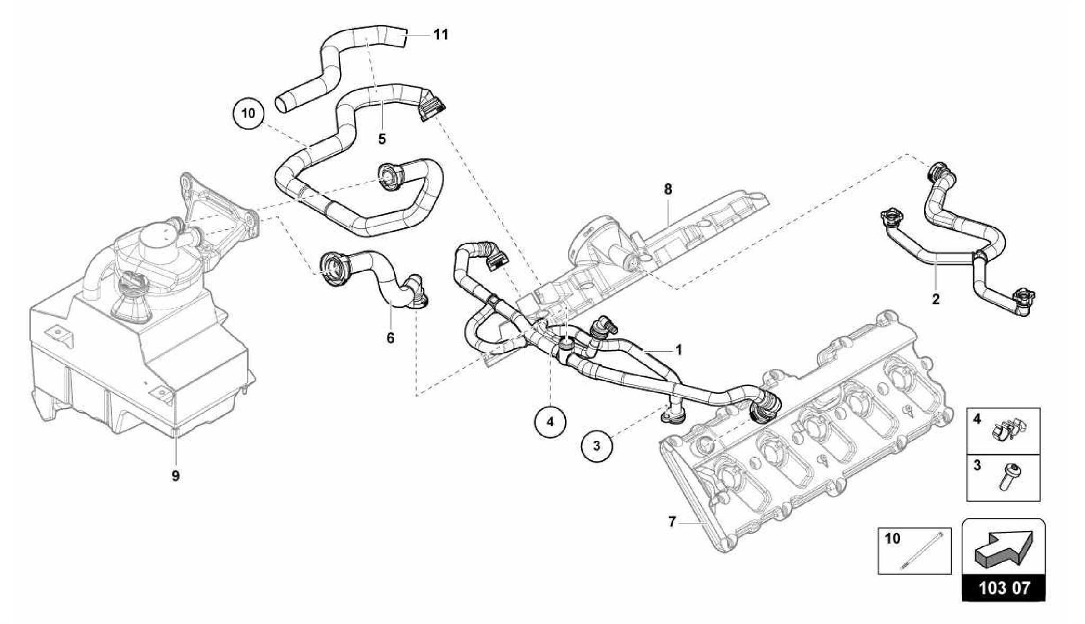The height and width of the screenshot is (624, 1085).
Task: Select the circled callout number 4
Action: [x=550, y=422]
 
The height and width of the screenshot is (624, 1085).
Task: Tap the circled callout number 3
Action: [x=597, y=446]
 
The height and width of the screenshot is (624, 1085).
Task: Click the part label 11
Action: [x=441, y=35]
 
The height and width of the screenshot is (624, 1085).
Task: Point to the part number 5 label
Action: [x=382, y=139]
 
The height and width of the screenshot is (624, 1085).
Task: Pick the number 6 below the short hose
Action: [x=390, y=338]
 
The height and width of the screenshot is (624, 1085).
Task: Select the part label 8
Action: [x=668, y=189]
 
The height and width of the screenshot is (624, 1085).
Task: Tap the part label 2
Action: [x=936, y=299]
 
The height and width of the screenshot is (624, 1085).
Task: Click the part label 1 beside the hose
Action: [x=678, y=350]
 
